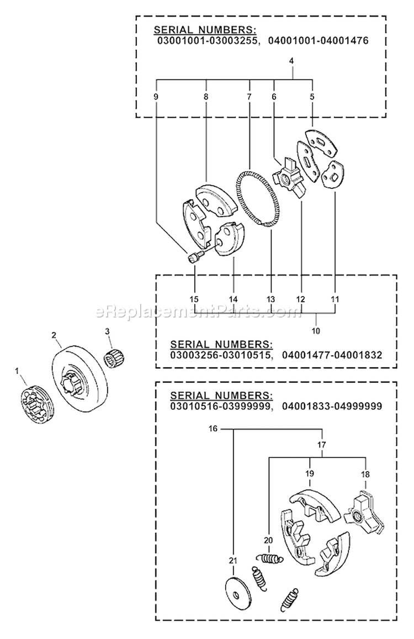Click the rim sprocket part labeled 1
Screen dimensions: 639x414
coord(34,406)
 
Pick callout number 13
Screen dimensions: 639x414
coord(270,299)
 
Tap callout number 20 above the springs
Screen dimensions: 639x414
coord(269,541)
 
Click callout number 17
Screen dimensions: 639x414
coord(322,443)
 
